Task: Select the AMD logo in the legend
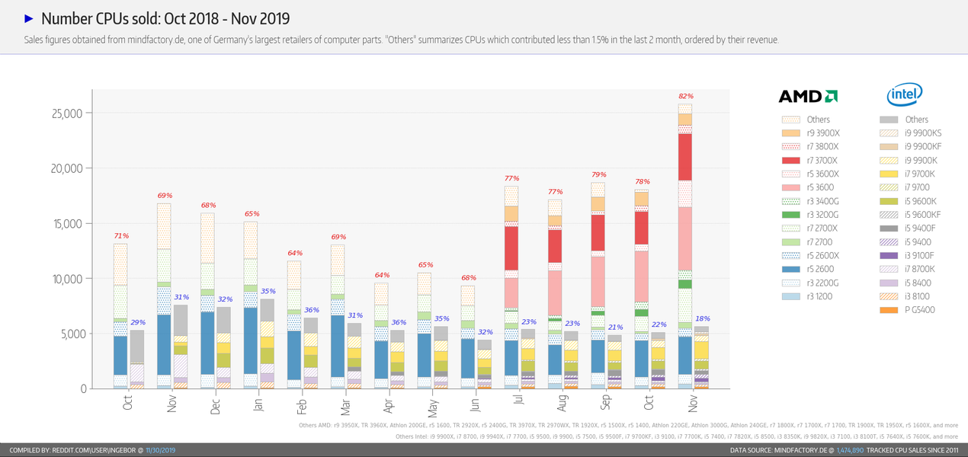tap(808, 96)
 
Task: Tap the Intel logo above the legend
tap(905, 94)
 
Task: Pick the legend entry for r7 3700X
tap(813, 161)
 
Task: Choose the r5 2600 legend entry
tap(813, 269)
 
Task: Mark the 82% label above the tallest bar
tap(686, 96)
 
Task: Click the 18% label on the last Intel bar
tap(702, 318)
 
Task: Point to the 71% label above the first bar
tap(121, 236)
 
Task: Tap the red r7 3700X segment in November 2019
tap(685, 157)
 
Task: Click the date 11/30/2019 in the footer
tap(160, 451)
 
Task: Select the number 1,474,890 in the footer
tap(850, 451)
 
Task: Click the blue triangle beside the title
tap(29, 18)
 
